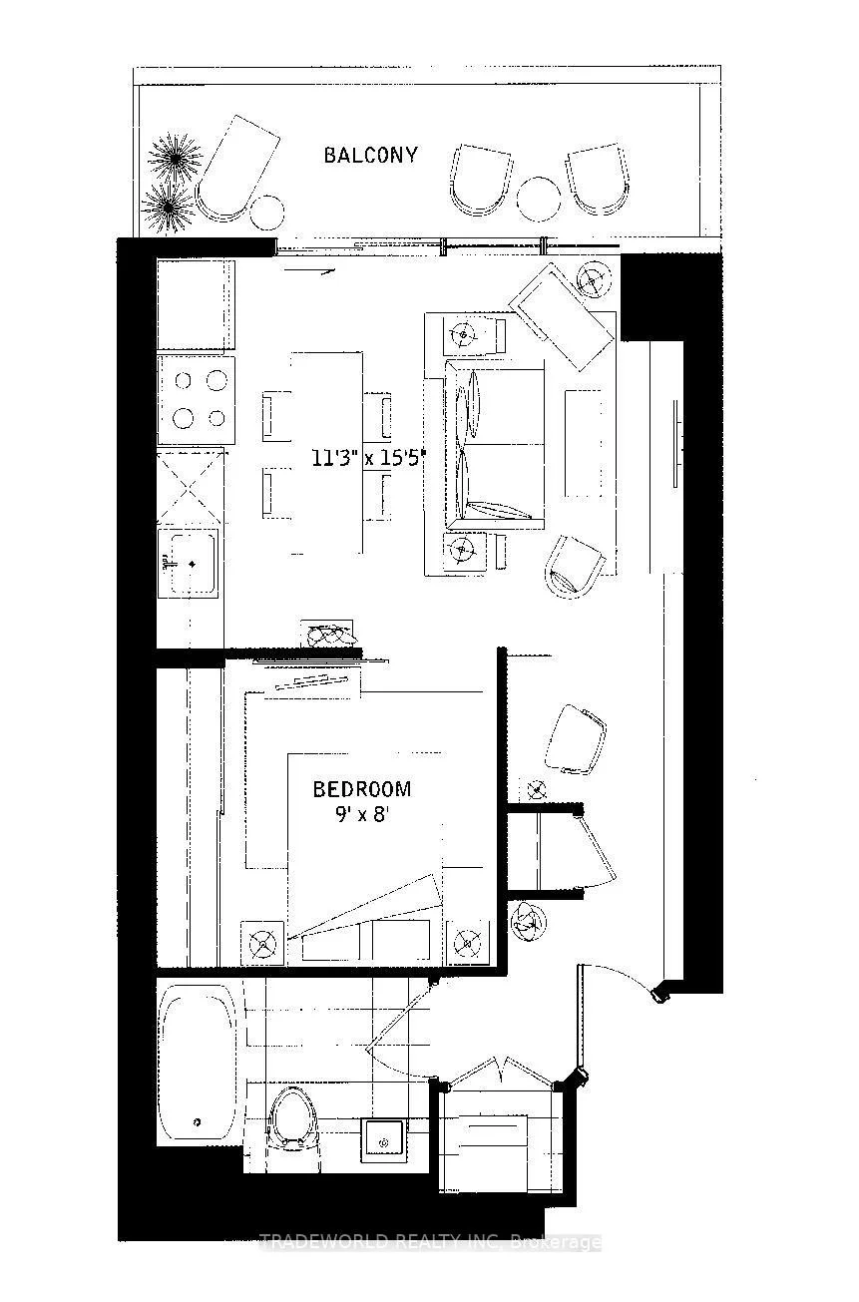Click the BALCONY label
(370, 156)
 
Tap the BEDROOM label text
(361, 789)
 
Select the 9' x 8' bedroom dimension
(361, 814)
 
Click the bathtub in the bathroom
(197, 1063)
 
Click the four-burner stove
(197, 400)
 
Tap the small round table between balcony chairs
(539, 199)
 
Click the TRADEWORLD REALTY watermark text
(430, 1243)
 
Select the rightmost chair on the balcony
(599, 179)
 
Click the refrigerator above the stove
(196, 305)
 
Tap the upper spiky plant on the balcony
(175, 158)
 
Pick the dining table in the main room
(326, 453)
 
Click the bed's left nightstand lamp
(262, 944)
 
